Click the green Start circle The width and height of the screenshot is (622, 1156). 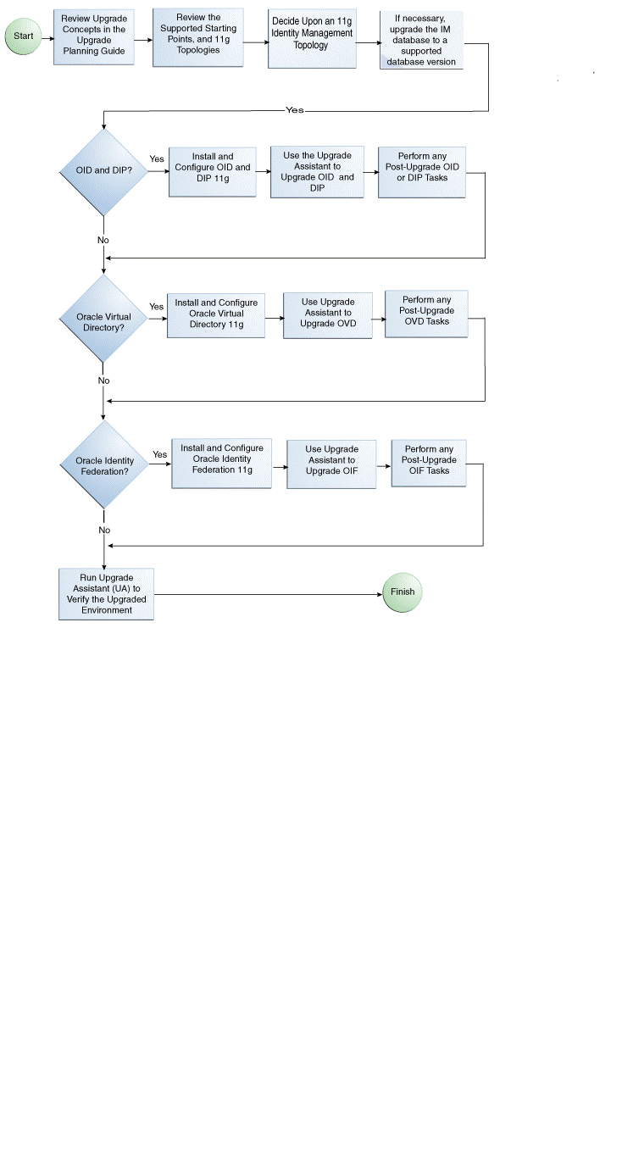(x=24, y=37)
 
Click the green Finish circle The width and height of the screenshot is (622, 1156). (x=402, y=592)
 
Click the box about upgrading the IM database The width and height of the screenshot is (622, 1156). (x=421, y=41)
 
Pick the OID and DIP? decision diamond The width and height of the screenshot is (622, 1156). (x=103, y=172)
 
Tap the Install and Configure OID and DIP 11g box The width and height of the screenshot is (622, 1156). (x=212, y=172)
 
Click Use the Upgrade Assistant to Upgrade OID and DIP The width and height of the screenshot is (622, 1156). (x=317, y=172)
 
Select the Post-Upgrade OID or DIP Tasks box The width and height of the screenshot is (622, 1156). (x=421, y=172)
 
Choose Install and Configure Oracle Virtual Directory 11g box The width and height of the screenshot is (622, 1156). (x=216, y=314)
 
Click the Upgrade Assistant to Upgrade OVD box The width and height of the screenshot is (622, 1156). (x=327, y=316)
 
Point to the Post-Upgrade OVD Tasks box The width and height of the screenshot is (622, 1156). (x=426, y=314)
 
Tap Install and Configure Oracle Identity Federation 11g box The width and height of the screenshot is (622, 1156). (x=221, y=464)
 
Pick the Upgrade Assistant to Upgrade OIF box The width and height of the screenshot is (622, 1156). (x=330, y=464)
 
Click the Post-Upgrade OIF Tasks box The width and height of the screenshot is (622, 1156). (x=428, y=463)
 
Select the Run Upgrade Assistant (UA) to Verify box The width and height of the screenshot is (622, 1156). (x=106, y=593)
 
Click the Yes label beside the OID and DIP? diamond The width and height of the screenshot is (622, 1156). (x=157, y=159)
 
